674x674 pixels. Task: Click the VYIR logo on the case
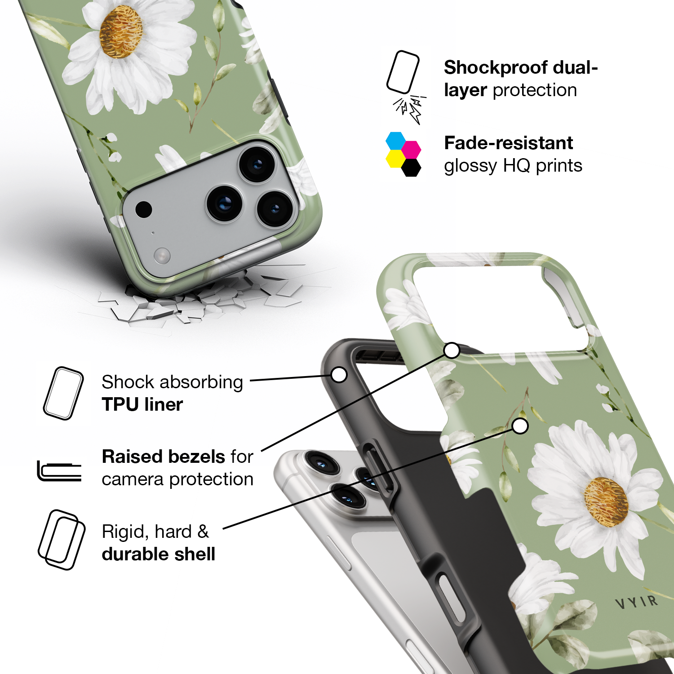tap(636, 602)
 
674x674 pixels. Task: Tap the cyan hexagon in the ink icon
tap(396, 141)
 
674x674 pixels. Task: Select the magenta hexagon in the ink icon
tap(411, 149)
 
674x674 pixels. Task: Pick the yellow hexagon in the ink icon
tap(395, 159)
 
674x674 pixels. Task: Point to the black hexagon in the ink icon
tap(411, 167)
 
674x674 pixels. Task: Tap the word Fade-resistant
tap(508, 143)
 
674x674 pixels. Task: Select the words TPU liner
tap(142, 404)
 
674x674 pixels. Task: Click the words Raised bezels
tap(164, 457)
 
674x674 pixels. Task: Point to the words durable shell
tap(158, 554)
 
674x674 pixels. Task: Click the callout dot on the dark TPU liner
tap(339, 374)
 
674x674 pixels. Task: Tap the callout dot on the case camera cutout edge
tap(452, 350)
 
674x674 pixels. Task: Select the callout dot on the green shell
tap(520, 426)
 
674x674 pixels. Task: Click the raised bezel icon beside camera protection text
tap(59, 471)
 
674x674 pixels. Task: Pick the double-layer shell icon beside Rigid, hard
tap(62, 540)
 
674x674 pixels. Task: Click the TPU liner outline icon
tap(63, 394)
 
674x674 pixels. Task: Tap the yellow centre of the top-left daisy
tap(120, 31)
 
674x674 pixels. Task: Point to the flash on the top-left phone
tap(162, 256)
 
